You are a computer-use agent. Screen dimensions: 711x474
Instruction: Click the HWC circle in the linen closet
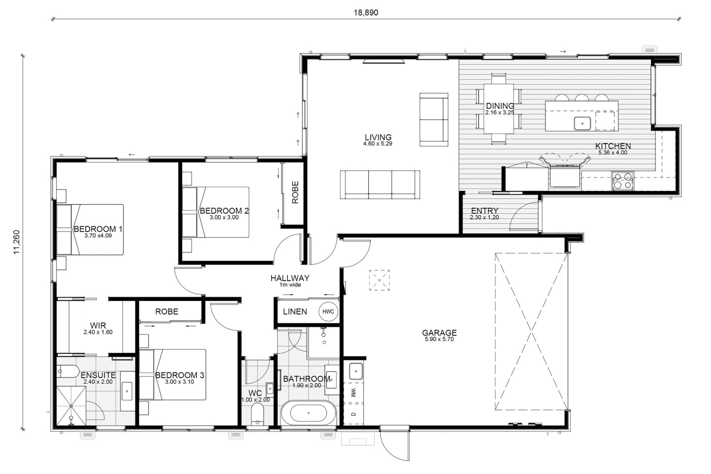328,312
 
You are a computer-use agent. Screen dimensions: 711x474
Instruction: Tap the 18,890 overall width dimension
366,13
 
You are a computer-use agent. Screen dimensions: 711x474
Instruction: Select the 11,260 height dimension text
16,242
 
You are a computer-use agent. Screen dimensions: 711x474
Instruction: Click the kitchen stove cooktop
623,181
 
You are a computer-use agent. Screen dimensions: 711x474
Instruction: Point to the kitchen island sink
582,124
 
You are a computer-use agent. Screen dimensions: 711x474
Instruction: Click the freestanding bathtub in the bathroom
308,413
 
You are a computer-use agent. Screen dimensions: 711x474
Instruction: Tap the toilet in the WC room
258,414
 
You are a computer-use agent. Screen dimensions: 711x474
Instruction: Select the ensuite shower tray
71,406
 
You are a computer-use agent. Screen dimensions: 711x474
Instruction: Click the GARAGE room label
439,333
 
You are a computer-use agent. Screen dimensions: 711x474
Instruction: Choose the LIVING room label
378,137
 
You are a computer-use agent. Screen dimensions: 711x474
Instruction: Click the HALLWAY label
290,278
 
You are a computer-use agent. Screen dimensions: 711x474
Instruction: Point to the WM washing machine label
353,393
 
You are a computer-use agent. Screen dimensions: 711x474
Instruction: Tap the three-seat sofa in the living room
380,185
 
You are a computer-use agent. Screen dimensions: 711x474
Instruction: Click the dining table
499,108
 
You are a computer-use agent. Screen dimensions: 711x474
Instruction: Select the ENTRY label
484,211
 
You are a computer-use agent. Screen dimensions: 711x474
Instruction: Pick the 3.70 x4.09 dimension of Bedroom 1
98,236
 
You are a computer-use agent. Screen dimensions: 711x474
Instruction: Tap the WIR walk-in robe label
98,325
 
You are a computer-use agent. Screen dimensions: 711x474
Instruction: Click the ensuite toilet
67,371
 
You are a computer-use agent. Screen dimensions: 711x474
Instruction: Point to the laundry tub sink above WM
356,371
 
